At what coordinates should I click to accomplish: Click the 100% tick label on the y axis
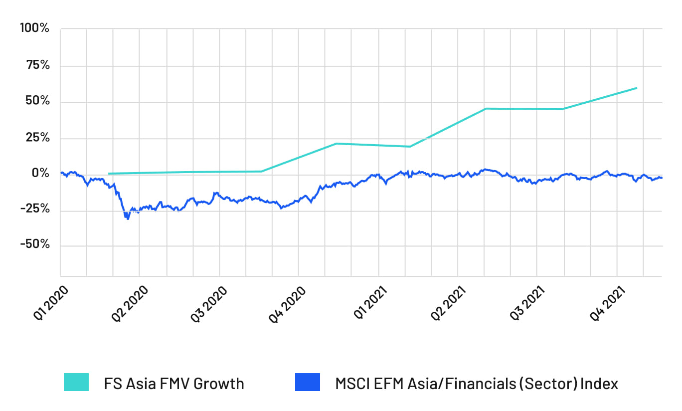click(34, 28)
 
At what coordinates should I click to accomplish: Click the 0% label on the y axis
click(41, 173)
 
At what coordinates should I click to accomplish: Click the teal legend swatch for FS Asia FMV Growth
click(76, 383)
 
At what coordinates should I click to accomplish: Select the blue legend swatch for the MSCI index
click(307, 383)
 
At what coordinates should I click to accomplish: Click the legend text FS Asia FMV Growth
click(174, 384)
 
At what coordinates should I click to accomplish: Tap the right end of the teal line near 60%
click(636, 88)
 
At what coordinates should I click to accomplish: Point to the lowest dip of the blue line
click(128, 218)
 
